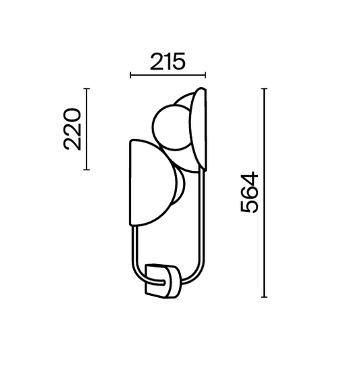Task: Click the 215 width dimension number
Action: click(168, 61)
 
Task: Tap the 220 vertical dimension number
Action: click(72, 129)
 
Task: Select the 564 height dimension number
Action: click(249, 192)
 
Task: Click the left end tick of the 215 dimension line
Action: click(130, 75)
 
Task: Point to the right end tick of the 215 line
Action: click(205, 75)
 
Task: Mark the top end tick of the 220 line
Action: click(86, 88)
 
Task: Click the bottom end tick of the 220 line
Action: click(86, 170)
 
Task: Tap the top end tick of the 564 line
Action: click(264, 88)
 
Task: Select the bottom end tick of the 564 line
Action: click(264, 297)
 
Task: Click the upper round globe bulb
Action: click(172, 127)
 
